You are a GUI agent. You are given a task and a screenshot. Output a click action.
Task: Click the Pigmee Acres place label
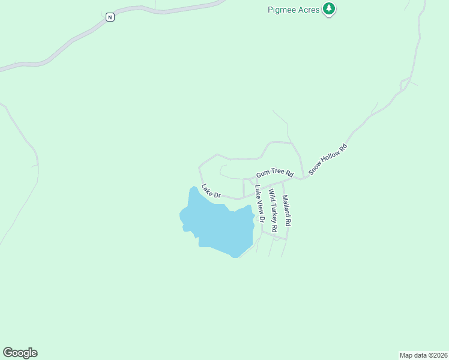293,10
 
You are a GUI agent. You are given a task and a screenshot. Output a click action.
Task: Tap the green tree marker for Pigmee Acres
328,9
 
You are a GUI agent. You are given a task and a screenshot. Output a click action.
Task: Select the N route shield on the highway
110,17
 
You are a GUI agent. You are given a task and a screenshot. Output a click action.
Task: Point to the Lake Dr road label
211,191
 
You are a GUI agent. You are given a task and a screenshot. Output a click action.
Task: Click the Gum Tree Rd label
274,174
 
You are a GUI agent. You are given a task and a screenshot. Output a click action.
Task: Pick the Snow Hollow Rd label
328,159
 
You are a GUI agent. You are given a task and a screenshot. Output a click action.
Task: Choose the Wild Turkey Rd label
273,211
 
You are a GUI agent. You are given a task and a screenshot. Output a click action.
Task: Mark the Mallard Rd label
287,210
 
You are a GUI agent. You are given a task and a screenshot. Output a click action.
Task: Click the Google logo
20,353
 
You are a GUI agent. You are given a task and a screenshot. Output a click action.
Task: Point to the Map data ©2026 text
423,355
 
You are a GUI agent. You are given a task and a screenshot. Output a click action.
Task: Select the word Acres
307,10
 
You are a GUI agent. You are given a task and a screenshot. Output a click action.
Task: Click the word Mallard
286,206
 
